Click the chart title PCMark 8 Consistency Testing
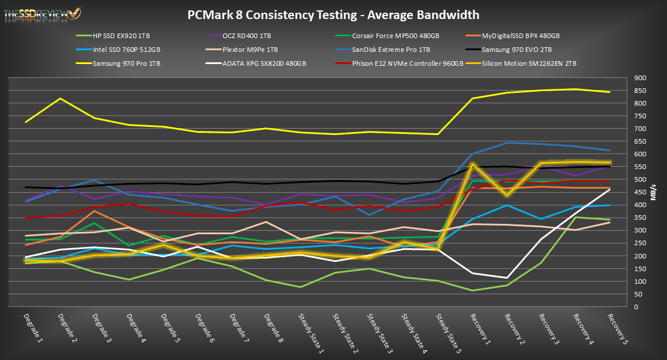333,14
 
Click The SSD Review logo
42,13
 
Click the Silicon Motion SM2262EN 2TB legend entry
529,63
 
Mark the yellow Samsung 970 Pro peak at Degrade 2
61,99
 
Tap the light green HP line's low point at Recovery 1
473,290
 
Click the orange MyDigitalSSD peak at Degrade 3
95,211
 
